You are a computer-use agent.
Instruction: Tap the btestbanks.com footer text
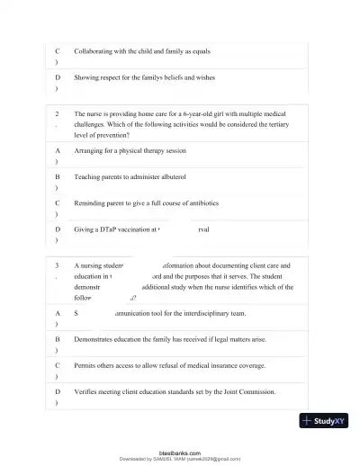[179, 452]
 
